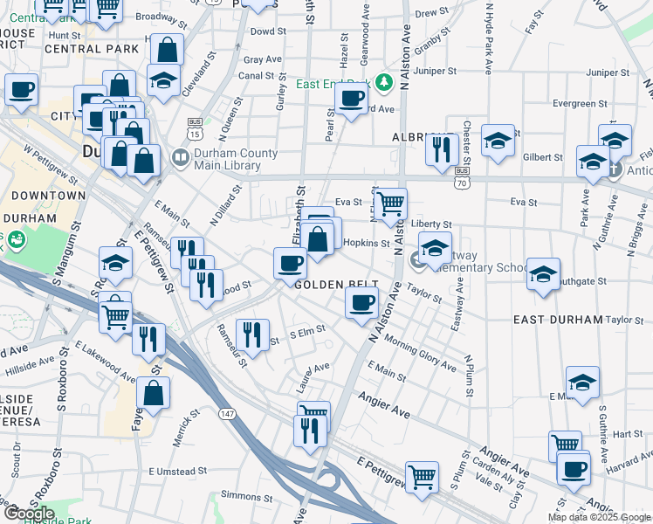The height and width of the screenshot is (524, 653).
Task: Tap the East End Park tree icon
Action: click(382, 84)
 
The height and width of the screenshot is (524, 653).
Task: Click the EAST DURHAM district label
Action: click(558, 320)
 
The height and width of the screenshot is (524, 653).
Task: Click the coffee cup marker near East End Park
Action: click(352, 99)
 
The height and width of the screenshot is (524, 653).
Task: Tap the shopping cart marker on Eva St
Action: click(392, 203)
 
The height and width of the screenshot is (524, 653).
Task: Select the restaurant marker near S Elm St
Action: click(251, 333)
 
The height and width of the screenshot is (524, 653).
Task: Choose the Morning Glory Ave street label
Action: click(419, 352)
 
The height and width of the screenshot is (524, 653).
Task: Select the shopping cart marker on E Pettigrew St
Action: click(423, 476)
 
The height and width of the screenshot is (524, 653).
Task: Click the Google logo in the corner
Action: click(30, 514)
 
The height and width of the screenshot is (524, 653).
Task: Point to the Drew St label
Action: click(431, 14)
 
